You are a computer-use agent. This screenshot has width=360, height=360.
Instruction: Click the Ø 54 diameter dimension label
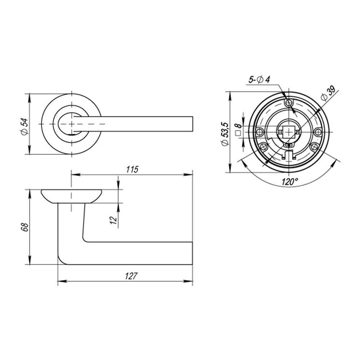pyautogui.click(x=24, y=126)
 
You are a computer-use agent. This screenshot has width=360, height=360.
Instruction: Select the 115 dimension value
pyautogui.click(x=132, y=170)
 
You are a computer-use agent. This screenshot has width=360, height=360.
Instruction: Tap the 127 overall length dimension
pyautogui.click(x=131, y=276)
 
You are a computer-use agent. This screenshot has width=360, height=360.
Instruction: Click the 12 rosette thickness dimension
pyautogui.click(x=114, y=220)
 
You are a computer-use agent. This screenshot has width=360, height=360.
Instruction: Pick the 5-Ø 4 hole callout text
pyautogui.click(x=260, y=80)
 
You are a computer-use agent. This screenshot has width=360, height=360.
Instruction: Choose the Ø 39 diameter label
pyautogui.click(x=329, y=94)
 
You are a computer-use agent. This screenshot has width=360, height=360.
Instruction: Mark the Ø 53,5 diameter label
pyautogui.click(x=225, y=134)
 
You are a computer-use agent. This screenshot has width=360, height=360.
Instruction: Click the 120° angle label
pyautogui.click(x=290, y=182)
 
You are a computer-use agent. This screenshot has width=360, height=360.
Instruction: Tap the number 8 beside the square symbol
pyautogui.click(x=238, y=126)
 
